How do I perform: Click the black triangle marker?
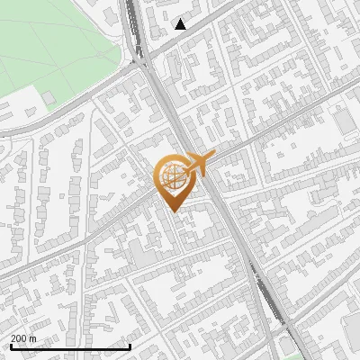click(x=181, y=23)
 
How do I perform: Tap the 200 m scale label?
click(x=23, y=338)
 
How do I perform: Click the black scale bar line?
click(x=70, y=346)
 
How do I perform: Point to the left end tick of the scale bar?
click(x=10, y=345)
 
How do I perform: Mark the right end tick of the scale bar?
click(x=130, y=345)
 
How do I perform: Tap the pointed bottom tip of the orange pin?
click(x=171, y=211)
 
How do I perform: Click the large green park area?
click(x=54, y=45)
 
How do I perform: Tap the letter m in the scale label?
click(x=33, y=338)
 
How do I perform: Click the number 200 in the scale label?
click(x=19, y=338)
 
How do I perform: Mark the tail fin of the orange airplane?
click(x=211, y=157)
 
